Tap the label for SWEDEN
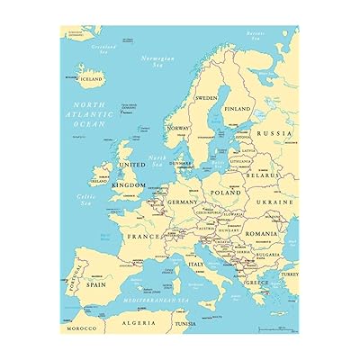pos(206,97)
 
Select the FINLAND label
pos(238,109)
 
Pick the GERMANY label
pos(182,202)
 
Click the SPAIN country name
pos(96,283)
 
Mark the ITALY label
pos(194,264)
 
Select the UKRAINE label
pos(275,202)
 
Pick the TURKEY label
pos(289,274)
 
